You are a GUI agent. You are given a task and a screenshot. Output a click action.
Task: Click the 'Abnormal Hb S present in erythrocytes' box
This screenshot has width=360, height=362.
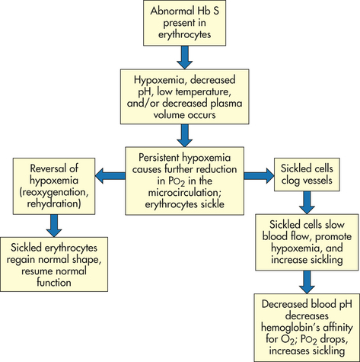click(184, 23)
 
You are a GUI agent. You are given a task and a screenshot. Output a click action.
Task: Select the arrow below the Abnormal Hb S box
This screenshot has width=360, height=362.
click(184, 57)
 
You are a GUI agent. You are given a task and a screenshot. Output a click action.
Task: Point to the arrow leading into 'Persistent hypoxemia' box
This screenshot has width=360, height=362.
click(184, 136)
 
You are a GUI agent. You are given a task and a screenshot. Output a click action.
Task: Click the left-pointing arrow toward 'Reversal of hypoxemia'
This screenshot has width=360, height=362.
click(110, 175)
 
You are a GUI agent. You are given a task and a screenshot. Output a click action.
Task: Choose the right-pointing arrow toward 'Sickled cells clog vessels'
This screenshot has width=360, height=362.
click(259, 175)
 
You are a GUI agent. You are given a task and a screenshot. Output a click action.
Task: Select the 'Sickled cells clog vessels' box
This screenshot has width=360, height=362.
click(307, 175)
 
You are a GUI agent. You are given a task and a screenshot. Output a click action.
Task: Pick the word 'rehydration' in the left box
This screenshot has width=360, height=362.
click(54, 203)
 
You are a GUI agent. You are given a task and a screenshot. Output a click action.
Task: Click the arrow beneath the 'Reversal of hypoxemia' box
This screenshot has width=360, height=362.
click(54, 226)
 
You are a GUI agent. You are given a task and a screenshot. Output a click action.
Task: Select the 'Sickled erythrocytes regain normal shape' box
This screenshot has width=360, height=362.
click(54, 264)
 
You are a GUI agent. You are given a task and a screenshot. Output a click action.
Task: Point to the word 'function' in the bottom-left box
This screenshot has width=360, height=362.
click(54, 283)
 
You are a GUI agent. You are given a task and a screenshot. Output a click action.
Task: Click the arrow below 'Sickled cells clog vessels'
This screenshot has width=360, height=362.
click(307, 203)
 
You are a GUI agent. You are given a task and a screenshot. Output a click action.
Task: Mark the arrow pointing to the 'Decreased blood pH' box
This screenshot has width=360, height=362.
click(307, 282)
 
